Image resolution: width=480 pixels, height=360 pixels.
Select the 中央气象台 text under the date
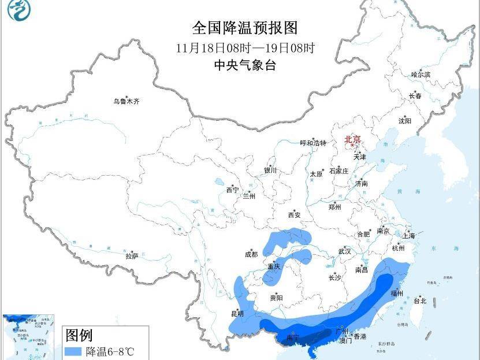point(245,65)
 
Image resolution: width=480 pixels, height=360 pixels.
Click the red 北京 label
point(352,139)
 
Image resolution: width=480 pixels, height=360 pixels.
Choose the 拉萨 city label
point(132,255)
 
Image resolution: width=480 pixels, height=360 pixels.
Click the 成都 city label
point(251,254)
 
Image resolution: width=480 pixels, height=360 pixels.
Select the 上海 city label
point(409,235)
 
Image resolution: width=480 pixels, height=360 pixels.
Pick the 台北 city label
point(420,300)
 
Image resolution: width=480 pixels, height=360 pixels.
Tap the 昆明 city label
point(237,314)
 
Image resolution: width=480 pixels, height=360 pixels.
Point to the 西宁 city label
point(232,190)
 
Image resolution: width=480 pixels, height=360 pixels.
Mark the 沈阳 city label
point(405,121)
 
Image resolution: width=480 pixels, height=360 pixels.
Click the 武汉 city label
point(345,251)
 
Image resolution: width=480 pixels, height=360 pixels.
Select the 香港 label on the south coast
point(360,336)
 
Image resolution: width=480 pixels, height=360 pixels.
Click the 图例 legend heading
point(79,335)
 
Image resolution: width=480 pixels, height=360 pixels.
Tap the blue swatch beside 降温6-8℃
point(73,351)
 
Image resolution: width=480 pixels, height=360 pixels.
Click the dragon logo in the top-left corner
point(18,10)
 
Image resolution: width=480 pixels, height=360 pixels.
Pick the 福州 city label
point(396,294)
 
